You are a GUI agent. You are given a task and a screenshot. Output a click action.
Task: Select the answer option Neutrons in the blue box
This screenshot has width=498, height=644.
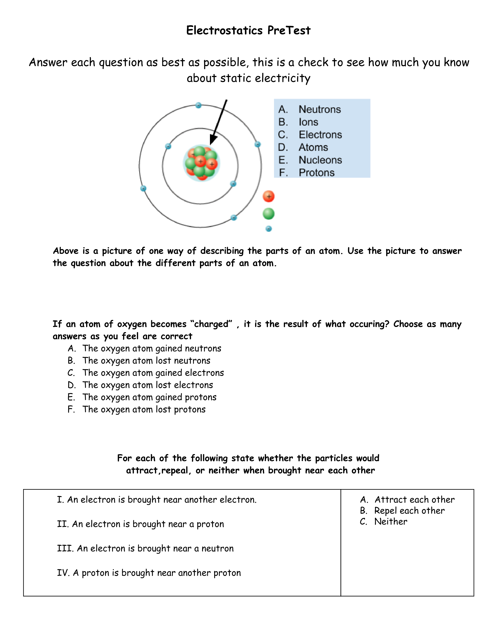[320, 109]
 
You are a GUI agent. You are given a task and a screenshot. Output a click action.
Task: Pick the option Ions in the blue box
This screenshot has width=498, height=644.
[308, 122]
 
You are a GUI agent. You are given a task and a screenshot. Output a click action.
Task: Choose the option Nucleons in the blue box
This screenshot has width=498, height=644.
[320, 160]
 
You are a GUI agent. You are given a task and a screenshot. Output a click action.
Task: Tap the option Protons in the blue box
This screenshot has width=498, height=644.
[317, 173]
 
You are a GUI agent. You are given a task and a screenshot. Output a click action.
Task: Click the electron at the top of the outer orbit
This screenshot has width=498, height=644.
[199, 105]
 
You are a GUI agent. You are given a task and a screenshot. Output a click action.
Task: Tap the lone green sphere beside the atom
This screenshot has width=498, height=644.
[269, 214]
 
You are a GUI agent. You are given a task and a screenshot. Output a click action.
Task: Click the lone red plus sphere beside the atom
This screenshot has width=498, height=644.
[269, 196]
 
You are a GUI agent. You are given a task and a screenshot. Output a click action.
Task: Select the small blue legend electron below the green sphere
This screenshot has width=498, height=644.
[269, 229]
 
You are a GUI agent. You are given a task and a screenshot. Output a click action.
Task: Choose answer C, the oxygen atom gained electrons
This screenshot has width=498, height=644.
[153, 373]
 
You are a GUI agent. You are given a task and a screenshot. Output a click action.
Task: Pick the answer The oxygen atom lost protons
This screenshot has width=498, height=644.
[144, 410]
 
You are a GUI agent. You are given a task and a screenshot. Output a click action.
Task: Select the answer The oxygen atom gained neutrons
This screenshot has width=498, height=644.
[152, 349]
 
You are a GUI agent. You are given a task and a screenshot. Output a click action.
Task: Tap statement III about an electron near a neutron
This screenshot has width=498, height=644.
[145, 548]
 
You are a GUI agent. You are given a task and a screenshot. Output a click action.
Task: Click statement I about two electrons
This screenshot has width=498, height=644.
[157, 500]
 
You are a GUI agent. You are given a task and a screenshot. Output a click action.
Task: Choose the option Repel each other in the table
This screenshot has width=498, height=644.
[409, 511]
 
